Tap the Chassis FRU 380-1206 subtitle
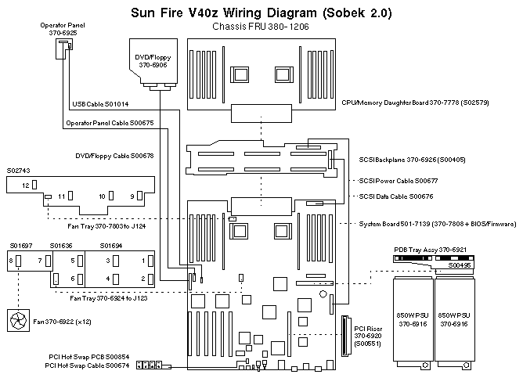click(x=261, y=27)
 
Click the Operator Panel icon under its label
click(x=63, y=49)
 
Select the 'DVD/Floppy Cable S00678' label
click(x=114, y=155)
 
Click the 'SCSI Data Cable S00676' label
click(x=395, y=196)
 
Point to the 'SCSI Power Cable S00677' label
click(x=397, y=181)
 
